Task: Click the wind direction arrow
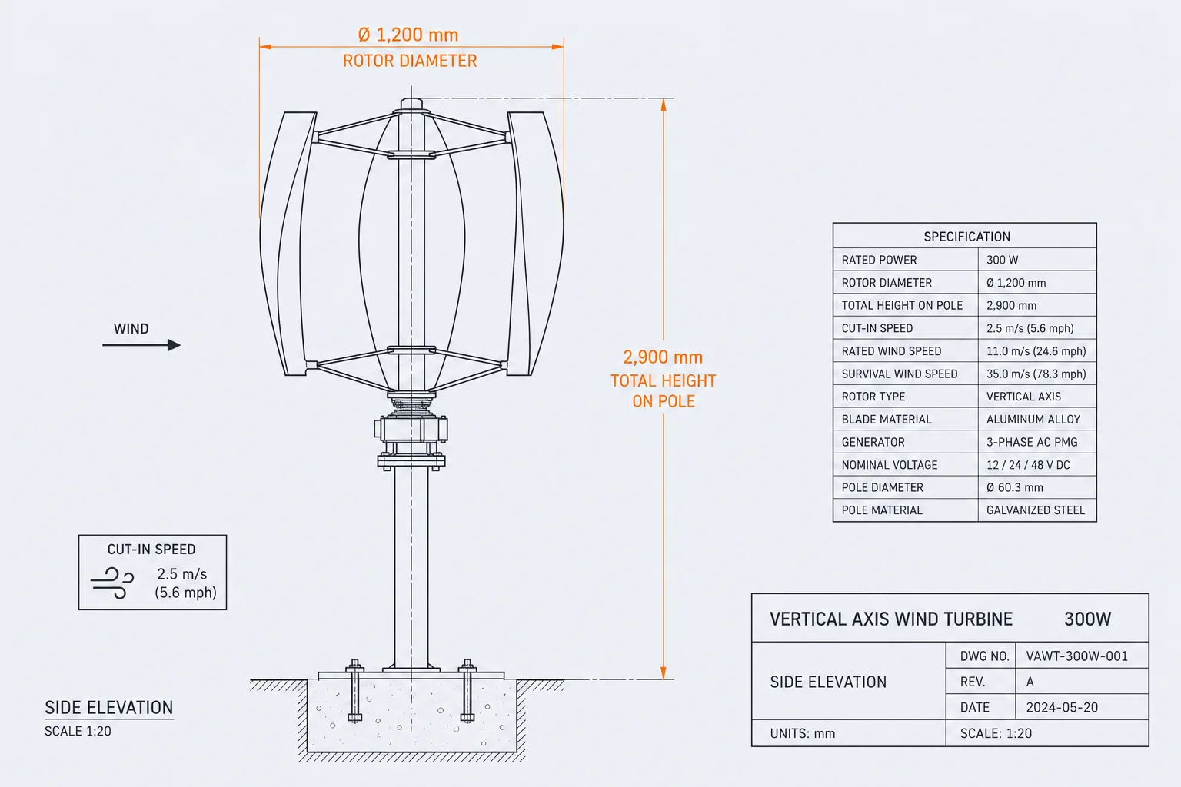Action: [x=141, y=345]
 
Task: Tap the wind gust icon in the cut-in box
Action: [x=112, y=583]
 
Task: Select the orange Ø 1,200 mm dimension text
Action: [x=408, y=35]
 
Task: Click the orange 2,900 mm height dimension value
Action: [x=663, y=357]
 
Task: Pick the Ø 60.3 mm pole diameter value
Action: [x=1014, y=487]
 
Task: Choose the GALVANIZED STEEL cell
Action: [x=1036, y=510]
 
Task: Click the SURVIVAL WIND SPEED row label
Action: [x=900, y=374]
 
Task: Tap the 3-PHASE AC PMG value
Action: [x=1032, y=442]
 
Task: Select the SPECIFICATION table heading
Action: [x=967, y=237]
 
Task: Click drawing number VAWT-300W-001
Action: [x=1076, y=656]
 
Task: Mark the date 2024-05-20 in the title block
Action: [x=1062, y=707]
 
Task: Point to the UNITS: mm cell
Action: [x=803, y=734]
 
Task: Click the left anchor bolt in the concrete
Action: [x=354, y=690]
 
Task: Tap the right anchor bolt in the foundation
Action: [x=467, y=690]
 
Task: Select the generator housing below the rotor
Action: [x=411, y=429]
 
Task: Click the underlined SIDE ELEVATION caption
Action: [x=109, y=708]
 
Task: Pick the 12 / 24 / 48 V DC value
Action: [x=1028, y=465]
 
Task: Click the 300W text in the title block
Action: [x=1088, y=619]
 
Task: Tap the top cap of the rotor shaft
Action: [x=411, y=104]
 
